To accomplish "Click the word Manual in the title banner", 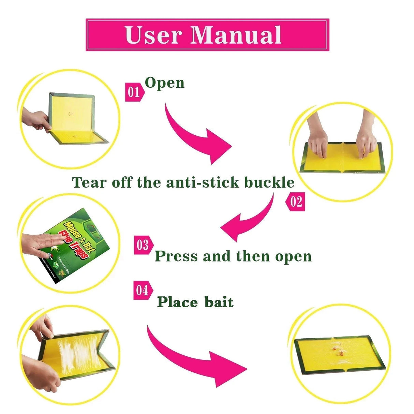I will [x=236, y=35].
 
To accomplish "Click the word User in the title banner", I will [x=153, y=35].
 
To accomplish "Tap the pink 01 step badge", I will [x=133, y=92].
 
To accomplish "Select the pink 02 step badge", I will [x=296, y=202].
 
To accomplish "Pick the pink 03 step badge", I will [x=143, y=245].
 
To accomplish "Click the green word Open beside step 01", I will [x=165, y=83].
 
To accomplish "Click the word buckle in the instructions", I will [x=269, y=182].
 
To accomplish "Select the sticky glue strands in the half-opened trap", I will [x=77, y=355].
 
